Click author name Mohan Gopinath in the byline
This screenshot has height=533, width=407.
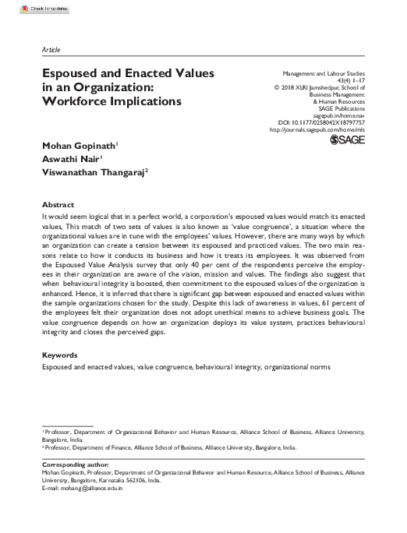click(80, 145)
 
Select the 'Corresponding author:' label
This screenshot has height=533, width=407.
click(74, 465)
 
